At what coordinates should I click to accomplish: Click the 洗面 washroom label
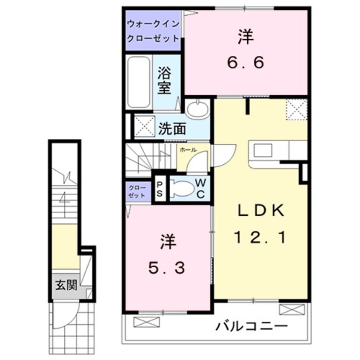click(x=172, y=128)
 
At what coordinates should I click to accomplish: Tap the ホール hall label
click(x=188, y=150)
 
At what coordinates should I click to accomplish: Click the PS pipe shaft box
click(x=160, y=188)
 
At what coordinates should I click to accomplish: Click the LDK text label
click(x=260, y=210)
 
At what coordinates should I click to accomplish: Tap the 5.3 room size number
click(x=166, y=268)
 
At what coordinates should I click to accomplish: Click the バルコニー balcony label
click(x=251, y=327)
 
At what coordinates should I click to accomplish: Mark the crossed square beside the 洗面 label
click(x=143, y=126)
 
